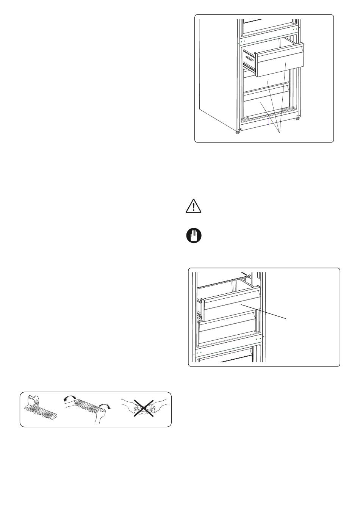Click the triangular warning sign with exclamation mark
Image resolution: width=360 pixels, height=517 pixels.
pyautogui.click(x=193, y=206)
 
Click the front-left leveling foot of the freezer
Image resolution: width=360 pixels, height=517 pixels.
pyautogui.click(x=237, y=132)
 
